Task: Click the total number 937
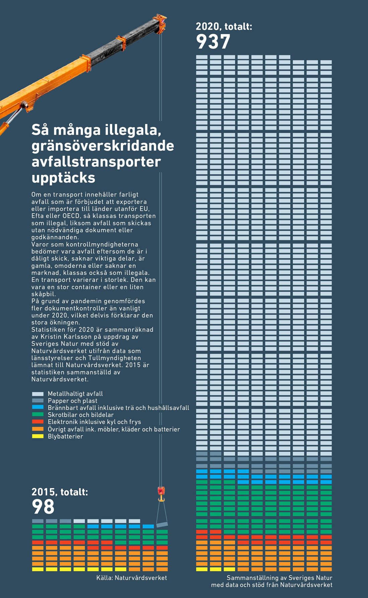click(213, 42)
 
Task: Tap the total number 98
click(43, 507)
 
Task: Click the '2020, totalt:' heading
click(224, 26)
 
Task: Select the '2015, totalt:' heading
click(60, 492)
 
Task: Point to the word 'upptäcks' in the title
click(63, 177)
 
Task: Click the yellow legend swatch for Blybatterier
click(38, 436)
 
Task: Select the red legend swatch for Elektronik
click(38, 422)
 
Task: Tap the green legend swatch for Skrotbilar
click(38, 415)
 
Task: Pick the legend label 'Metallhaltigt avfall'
click(75, 394)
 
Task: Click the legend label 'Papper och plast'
click(73, 401)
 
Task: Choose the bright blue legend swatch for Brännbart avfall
click(38, 407)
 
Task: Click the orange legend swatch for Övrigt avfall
click(38, 429)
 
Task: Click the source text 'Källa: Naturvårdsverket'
click(131, 578)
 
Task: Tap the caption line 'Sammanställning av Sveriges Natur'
click(279, 578)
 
